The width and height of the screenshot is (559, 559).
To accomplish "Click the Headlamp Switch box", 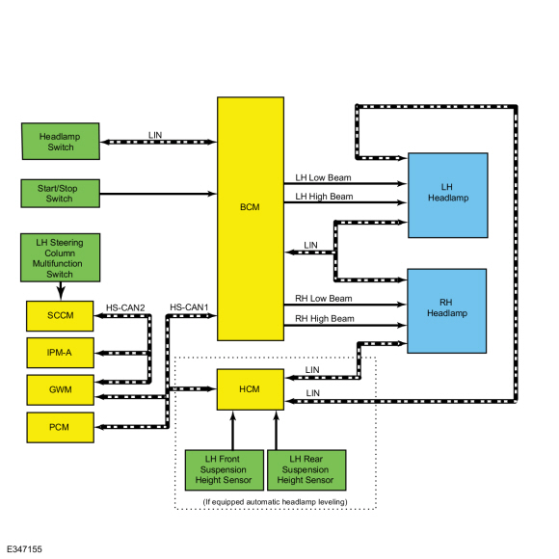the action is click(x=61, y=142).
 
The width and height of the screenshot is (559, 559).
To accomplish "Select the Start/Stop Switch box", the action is click(x=61, y=194).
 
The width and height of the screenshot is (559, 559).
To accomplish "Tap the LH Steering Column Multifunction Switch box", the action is click(x=61, y=257).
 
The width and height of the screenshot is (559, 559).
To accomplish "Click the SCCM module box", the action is click(x=60, y=316).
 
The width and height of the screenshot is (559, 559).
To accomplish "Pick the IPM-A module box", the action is click(x=61, y=353).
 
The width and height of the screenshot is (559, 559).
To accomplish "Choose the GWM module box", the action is click(x=61, y=389).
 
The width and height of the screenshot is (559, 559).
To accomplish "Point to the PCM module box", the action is click(x=61, y=428).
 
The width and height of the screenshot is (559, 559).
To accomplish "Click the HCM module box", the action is click(x=251, y=389).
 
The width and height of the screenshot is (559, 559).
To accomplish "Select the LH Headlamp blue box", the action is click(x=448, y=196).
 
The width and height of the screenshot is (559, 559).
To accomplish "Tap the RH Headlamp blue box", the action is click(x=447, y=311).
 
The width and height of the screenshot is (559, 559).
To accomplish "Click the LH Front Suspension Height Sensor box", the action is click(x=225, y=470).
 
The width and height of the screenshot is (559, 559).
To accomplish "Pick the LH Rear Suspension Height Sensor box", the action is click(x=306, y=470).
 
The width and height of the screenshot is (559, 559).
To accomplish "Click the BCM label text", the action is click(x=250, y=207).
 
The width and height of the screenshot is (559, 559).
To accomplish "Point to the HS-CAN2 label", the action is click(x=125, y=307).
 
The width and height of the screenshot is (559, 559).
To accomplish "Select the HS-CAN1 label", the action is click(x=189, y=307).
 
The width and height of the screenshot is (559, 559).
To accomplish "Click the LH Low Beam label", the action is click(x=323, y=177).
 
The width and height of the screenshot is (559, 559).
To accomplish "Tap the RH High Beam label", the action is click(x=325, y=318).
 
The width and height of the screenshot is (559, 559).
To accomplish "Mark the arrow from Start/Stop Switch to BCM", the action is click(x=158, y=194).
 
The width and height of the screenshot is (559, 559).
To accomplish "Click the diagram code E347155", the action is click(x=25, y=549).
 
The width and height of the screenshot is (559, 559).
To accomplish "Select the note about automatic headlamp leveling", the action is click(x=276, y=502).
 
